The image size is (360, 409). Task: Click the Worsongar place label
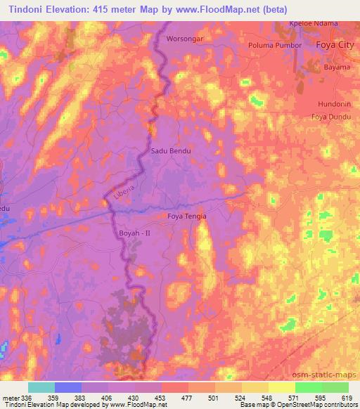(185, 39)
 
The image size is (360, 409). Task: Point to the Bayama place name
(335, 68)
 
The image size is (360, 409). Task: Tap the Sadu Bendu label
(170, 150)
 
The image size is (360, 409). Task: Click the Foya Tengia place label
(187, 216)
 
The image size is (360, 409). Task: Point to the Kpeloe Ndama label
(314, 23)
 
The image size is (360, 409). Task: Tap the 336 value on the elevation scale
(22, 397)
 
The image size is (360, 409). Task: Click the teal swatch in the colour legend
(41, 387)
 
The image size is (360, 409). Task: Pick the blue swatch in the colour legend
(68, 387)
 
